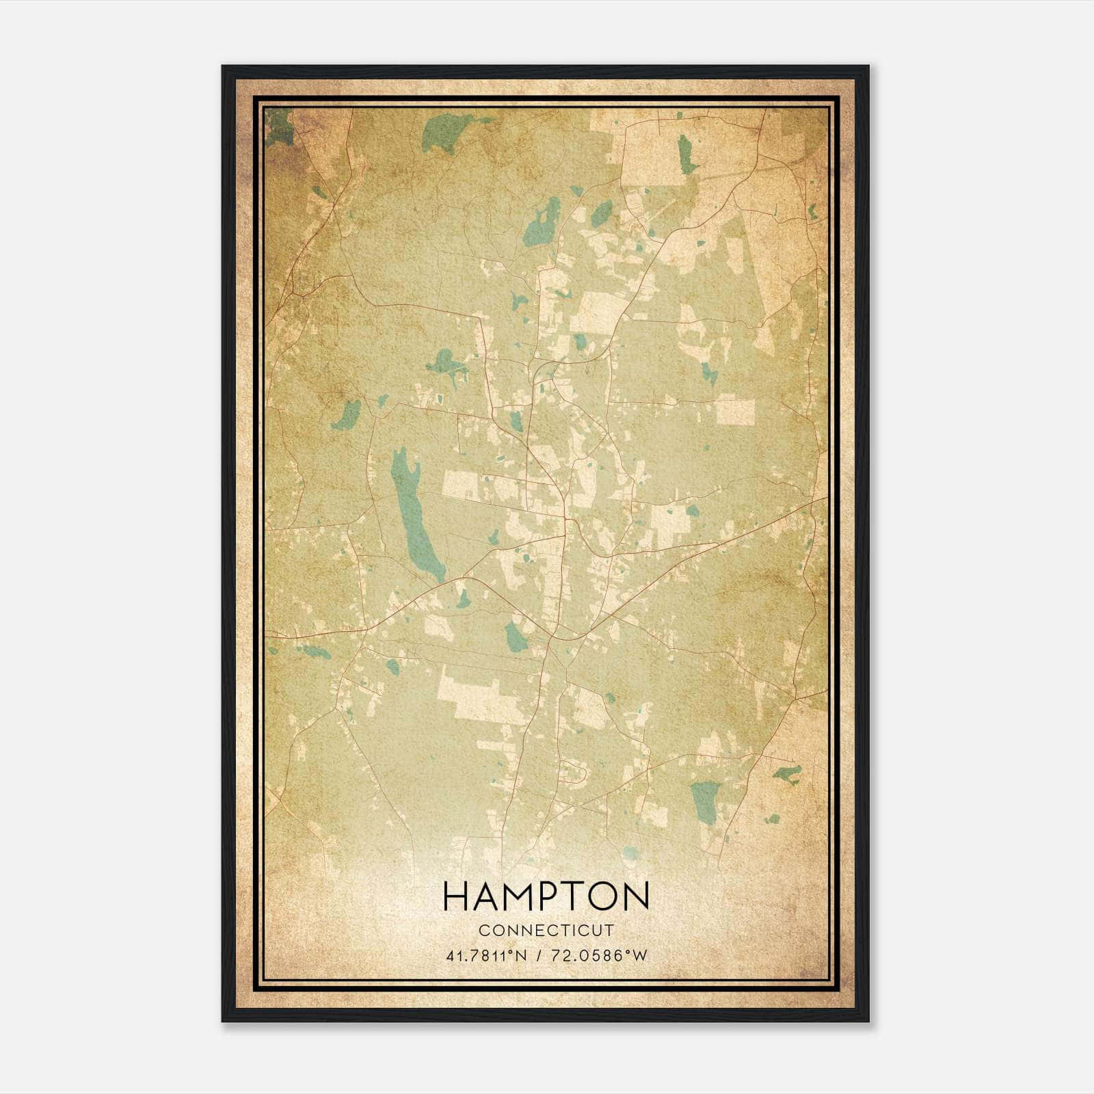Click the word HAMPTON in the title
click(x=546, y=896)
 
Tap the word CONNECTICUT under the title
click(x=546, y=931)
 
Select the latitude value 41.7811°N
click(x=486, y=956)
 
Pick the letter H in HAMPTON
click(x=455, y=896)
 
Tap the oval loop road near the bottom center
click(x=574, y=772)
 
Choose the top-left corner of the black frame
click(x=223, y=67)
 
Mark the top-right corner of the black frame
click(x=868, y=67)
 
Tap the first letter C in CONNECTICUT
click(x=483, y=931)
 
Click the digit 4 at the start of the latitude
click(x=449, y=956)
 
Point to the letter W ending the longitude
click(x=640, y=956)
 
